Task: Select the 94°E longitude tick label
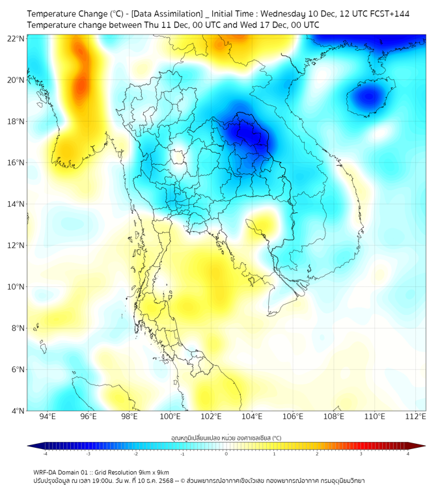click(48, 417)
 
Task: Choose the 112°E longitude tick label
click(415, 417)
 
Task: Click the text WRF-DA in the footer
click(46, 472)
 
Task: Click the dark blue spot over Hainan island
click(368, 98)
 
